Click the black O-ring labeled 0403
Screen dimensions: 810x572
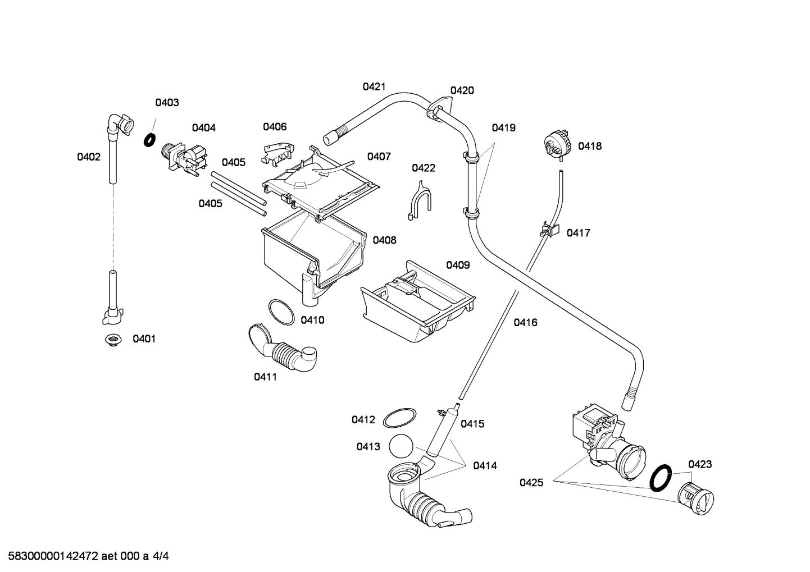tap(149, 140)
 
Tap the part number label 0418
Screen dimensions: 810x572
tap(590, 147)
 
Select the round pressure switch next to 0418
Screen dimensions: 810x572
tap(557, 145)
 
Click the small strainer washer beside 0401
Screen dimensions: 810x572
tap(113, 340)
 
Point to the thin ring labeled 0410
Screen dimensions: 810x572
tap(281, 312)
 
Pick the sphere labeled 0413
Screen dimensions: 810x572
tap(401, 446)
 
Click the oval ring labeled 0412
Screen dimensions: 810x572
tap(399, 418)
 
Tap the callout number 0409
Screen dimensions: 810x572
tap(458, 265)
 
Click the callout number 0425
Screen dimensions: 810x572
tap(531, 483)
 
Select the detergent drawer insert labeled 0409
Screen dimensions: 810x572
tap(418, 302)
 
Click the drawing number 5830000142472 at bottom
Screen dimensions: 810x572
tap(53, 556)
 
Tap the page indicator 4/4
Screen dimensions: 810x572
tap(161, 556)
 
